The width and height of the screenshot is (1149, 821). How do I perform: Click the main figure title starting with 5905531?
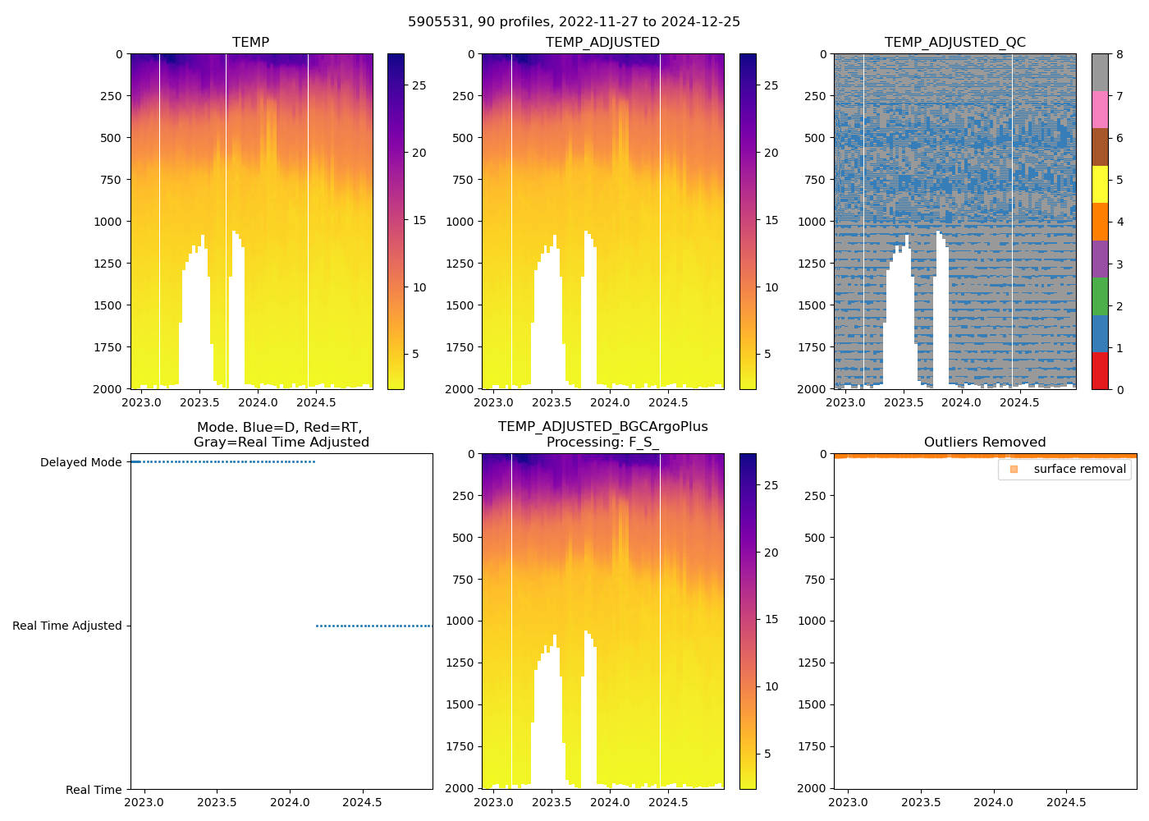574,21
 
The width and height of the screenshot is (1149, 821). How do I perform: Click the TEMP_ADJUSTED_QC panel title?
954,42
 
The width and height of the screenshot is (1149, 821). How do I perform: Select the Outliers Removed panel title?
984,442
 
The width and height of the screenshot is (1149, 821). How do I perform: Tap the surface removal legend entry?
1079,469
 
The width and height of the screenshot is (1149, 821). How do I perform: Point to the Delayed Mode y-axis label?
80,462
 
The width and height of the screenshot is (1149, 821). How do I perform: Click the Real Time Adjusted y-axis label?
67,626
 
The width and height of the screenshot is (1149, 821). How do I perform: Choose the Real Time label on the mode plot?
94,790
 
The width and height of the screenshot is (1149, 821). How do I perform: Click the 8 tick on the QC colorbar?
1120,54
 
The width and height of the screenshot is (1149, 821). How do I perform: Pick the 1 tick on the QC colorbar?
1120,348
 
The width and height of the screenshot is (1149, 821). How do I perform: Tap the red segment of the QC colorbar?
1100,370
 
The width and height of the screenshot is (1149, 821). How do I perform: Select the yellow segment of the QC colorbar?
1100,184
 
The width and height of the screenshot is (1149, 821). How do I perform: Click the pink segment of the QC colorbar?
1100,109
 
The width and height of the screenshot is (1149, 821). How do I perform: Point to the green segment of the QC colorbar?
1100,296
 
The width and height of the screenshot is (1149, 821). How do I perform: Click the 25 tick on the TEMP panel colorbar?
419,85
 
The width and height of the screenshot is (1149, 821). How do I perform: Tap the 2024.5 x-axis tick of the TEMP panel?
316,402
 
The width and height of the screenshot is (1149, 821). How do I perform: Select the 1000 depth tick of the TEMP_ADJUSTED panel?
462,222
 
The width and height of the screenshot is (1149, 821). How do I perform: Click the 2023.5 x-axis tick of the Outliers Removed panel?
921,802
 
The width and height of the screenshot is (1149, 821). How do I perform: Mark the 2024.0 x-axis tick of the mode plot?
290,802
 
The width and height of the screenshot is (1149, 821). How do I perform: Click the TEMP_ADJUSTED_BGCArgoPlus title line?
602,426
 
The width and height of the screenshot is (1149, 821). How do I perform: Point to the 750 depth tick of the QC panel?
814,180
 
